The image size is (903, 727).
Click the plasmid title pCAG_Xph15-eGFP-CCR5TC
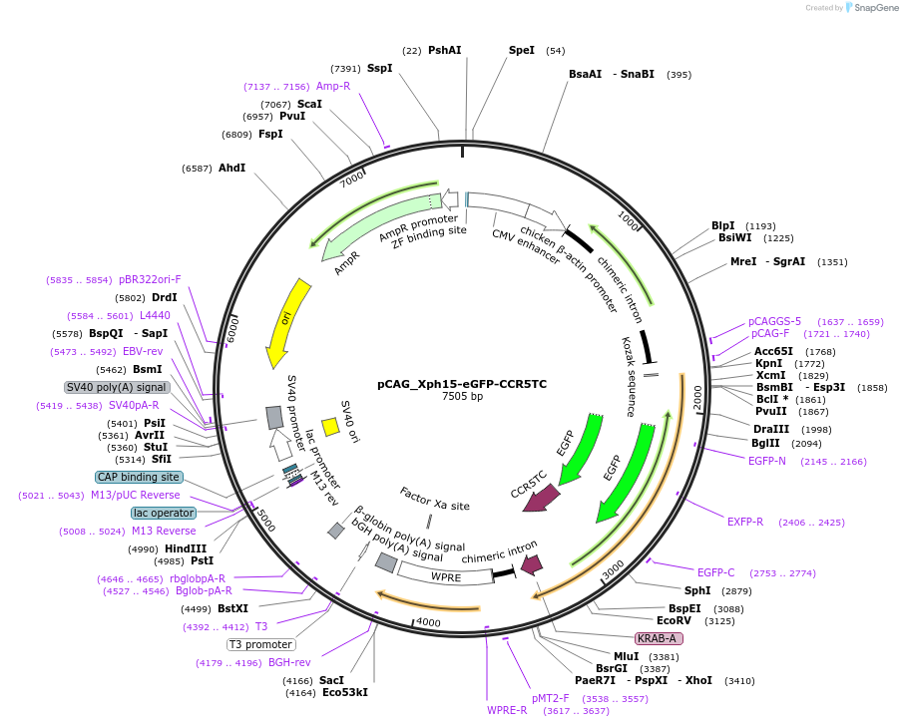461,384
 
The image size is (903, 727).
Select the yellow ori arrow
284,321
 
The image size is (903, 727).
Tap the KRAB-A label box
659,638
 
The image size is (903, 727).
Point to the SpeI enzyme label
522,50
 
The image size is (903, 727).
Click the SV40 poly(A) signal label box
117,387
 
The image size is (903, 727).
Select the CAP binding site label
139,477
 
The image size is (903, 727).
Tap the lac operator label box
164,513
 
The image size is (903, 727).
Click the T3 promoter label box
260,644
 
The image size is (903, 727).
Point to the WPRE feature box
445,575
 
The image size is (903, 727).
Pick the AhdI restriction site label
231,168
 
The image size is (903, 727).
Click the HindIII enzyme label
185,548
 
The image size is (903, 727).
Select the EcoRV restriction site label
674,620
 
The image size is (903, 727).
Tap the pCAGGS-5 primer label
774,321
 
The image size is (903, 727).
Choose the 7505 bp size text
462,397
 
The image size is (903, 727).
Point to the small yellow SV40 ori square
330,427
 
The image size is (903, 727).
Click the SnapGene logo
870,8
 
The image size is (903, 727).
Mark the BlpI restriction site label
722,225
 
